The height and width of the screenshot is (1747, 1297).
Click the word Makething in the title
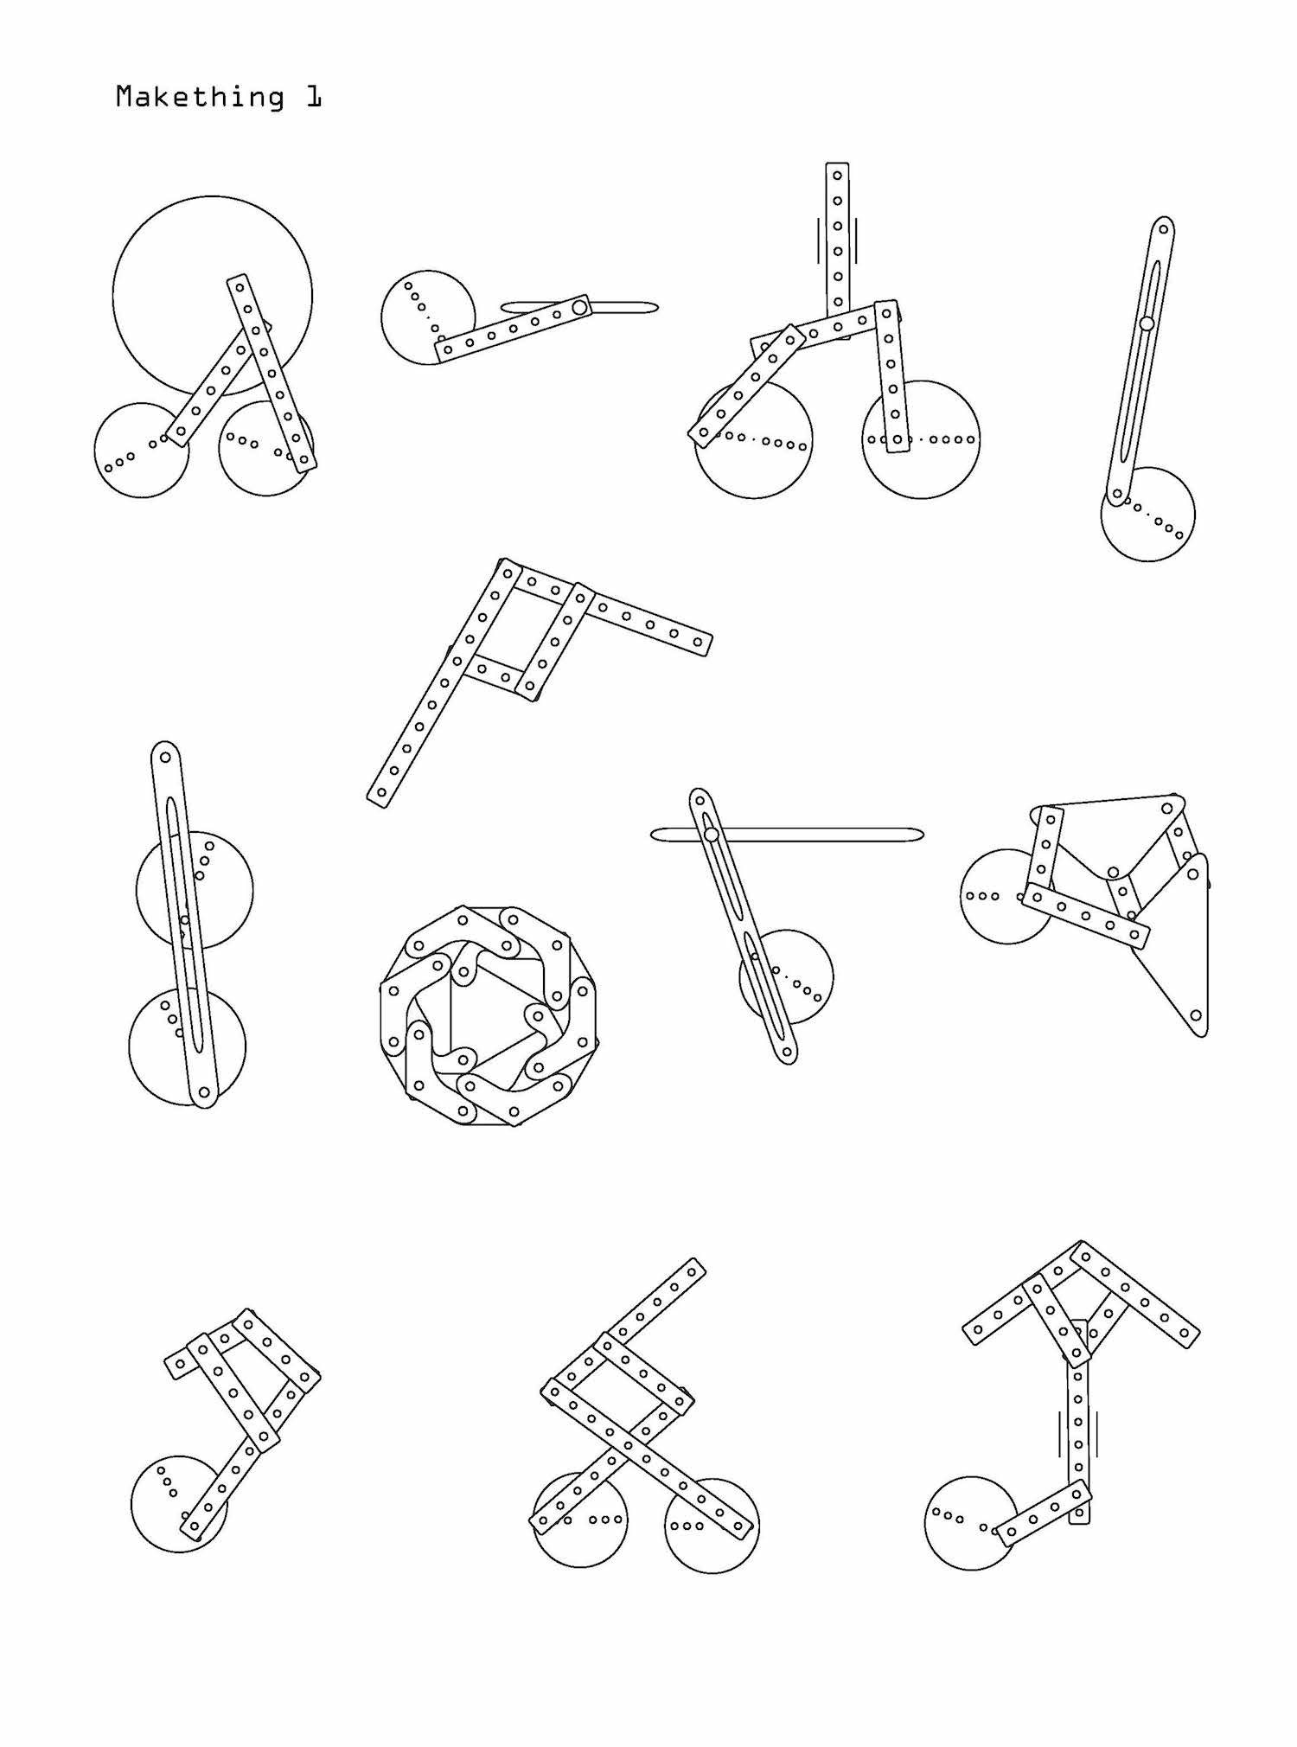200,97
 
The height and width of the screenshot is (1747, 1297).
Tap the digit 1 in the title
313,97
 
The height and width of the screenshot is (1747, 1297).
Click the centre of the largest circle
212,296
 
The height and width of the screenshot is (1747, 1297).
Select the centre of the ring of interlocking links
489,1015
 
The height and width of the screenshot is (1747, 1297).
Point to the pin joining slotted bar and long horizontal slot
711,835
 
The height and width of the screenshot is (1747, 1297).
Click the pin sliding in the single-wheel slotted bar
1147,323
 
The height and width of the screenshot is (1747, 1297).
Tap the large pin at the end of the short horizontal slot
580,307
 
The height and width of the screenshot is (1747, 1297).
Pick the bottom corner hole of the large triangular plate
1196,1015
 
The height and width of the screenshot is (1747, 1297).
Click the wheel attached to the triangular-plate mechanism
1006,896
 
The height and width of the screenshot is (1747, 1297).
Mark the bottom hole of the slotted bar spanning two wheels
204,1093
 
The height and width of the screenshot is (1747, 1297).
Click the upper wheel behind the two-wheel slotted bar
195,890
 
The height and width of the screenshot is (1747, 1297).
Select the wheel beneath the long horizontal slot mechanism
786,977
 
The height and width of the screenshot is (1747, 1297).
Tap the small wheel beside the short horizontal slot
428,317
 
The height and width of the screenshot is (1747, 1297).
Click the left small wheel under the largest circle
142,450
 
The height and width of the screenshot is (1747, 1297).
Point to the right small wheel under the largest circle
266,448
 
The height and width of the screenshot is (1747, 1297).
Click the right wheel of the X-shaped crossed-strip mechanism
712,1526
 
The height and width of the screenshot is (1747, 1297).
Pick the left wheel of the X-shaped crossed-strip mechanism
580,1520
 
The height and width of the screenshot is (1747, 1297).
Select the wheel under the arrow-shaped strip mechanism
972,1523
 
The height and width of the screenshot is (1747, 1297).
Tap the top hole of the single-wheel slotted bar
1164,229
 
